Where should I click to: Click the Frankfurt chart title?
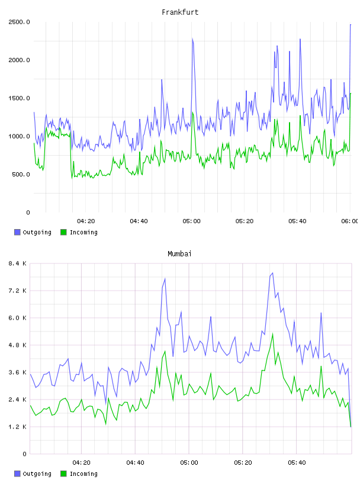pyautogui.click(x=180, y=12)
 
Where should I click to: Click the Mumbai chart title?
pyautogui.click(x=179, y=254)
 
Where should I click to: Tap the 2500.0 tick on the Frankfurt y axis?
pyautogui.click(x=19, y=22)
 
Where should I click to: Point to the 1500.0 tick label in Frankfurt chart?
pyautogui.click(x=19, y=98)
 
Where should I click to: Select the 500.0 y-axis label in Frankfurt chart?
pyautogui.click(x=21, y=175)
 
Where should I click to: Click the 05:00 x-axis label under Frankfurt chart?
pyautogui.click(x=191, y=221)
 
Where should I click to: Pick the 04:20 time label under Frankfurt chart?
pyautogui.click(x=86, y=221)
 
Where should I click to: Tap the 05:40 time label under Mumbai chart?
pyautogui.click(x=297, y=463)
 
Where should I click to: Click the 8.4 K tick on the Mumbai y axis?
pyautogui.click(x=18, y=263)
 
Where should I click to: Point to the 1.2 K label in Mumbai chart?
pyautogui.click(x=18, y=427)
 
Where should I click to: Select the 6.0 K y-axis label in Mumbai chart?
pyautogui.click(x=18, y=318)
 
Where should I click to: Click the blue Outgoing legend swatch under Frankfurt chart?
pyautogui.click(x=17, y=232)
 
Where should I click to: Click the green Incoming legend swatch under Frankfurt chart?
pyautogui.click(x=63, y=232)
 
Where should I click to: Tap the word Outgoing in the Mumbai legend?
pyautogui.click(x=37, y=474)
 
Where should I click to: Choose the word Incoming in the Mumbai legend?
pyautogui.click(x=83, y=474)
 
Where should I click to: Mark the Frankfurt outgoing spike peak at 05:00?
pyautogui.click(x=192, y=39)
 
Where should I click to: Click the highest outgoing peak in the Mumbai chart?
pyautogui.click(x=272, y=273)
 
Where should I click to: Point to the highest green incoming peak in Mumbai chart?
pyautogui.click(x=272, y=334)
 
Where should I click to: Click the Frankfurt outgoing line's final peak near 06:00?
pyautogui.click(x=351, y=25)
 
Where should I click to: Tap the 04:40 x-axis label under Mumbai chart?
pyautogui.click(x=136, y=463)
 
